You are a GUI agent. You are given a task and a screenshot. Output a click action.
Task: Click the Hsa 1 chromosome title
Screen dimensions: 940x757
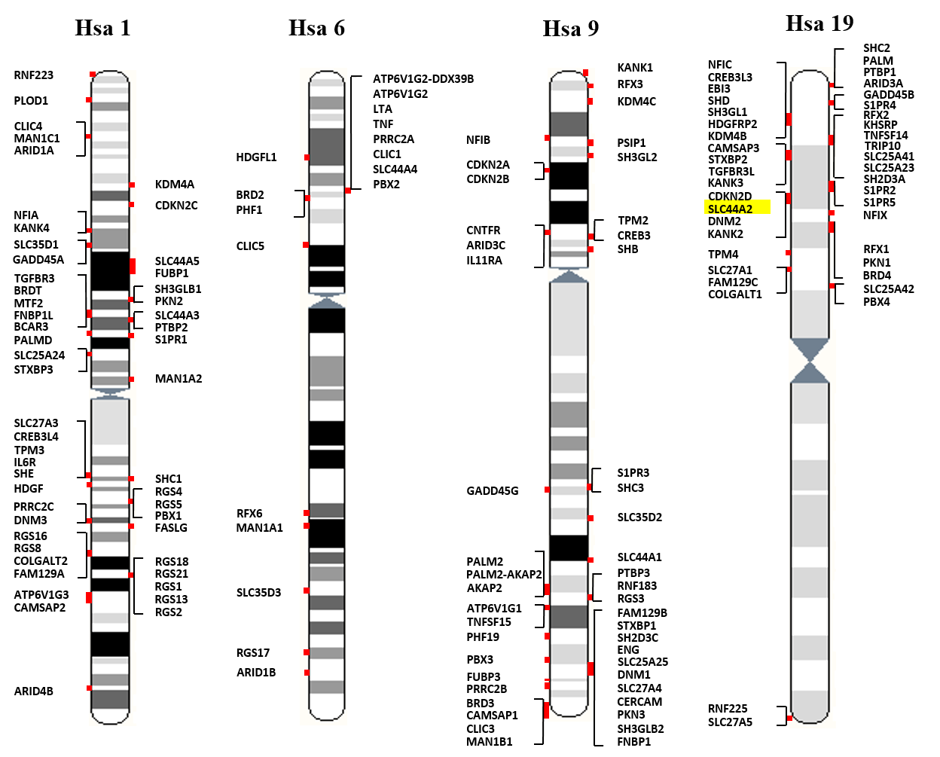pos(103,29)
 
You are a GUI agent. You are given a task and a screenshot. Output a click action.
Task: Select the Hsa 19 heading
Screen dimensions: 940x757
pos(819,23)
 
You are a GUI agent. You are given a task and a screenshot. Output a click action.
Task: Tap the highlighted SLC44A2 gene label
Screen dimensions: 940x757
pos(730,209)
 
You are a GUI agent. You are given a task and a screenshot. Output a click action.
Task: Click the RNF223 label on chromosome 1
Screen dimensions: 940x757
pos(34,75)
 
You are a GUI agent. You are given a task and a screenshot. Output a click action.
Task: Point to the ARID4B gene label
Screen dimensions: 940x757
pos(34,691)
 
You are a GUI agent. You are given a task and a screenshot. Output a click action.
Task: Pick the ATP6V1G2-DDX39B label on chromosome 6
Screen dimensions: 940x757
pos(423,79)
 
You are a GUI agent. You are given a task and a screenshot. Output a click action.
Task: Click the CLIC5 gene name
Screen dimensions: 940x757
pos(250,246)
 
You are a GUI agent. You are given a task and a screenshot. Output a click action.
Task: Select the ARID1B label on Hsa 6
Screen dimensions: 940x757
pos(256,672)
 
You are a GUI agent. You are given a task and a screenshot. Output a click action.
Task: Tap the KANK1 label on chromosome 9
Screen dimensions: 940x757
pos(635,68)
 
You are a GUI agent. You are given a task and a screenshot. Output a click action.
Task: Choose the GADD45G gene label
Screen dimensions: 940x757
pos(493,491)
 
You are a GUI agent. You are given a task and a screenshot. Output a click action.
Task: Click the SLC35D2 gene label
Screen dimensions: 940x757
pos(639,517)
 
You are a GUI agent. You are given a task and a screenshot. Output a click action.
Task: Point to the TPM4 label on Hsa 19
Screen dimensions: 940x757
pos(723,255)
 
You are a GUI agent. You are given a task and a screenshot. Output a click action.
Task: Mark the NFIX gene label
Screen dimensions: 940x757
pos(875,215)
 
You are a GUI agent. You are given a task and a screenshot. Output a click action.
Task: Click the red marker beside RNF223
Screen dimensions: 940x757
pos(93,75)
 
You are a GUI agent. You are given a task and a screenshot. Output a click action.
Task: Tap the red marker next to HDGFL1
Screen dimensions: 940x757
pos(307,157)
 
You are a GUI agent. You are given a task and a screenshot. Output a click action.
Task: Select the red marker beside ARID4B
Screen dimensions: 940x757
pos(89,688)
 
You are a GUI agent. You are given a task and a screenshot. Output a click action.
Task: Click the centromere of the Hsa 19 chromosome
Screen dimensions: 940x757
pos(810,361)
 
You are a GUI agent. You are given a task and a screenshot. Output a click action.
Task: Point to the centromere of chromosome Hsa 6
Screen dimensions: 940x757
pos(327,301)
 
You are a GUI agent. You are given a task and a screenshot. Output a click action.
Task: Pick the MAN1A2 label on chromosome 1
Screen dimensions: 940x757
pos(179,379)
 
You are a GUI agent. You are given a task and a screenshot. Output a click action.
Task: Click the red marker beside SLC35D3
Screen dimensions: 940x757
pos(307,591)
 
